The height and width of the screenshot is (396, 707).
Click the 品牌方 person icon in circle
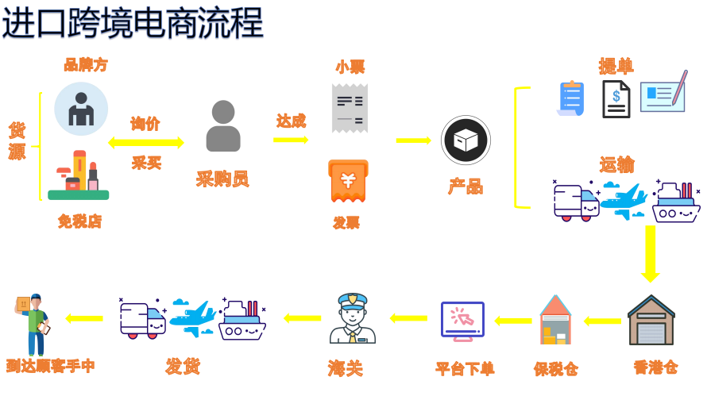pos(81,109)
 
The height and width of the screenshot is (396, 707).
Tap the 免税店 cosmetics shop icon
pos(78,176)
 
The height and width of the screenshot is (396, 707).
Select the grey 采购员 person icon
pos(223,126)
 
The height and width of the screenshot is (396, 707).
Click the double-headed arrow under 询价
pos(146,143)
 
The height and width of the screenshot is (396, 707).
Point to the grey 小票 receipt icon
pos(350,108)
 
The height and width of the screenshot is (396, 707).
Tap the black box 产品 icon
pos(466,140)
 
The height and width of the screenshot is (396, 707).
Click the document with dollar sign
pos(616,99)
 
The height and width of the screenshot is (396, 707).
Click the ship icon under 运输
pos(676,203)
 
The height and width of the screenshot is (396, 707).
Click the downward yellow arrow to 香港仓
pos(651,253)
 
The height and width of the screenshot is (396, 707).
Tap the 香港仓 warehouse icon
pos(651,321)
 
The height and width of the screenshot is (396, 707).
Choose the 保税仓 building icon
pos(555,321)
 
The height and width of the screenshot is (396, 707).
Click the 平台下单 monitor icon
pos(462,321)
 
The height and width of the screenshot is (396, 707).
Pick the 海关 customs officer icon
pos(352,318)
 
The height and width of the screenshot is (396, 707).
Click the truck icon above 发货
pos(143,318)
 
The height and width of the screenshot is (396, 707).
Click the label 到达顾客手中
pos(51,366)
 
